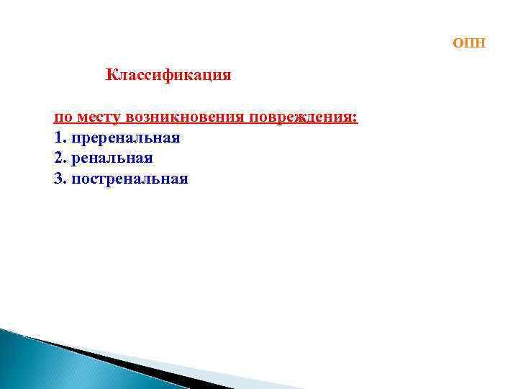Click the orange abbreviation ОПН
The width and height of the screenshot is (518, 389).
469,44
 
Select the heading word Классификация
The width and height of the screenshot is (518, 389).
168,75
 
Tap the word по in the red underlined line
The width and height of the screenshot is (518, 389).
63,117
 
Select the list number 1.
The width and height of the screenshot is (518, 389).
58,137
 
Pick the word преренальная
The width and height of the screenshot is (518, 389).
125,138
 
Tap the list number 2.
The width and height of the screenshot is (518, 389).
58,158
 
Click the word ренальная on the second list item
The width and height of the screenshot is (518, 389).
112,158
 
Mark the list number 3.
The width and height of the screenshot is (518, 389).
58,179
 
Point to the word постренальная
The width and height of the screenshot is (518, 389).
129,179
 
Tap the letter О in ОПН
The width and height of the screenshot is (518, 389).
458,44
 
